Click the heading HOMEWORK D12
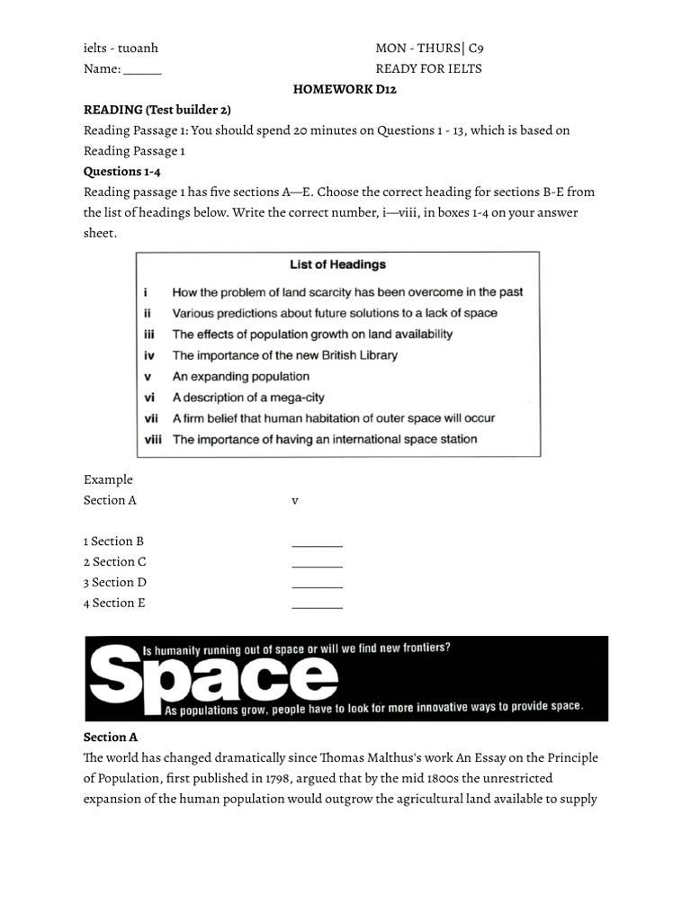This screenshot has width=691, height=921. coord(345,89)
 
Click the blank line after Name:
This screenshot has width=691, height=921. coord(142,69)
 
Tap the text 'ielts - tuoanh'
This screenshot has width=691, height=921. coord(121,49)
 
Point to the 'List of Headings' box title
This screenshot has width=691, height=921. coord(337,264)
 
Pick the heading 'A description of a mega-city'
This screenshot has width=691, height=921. coord(248,398)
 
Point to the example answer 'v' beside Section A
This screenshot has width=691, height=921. coord(294,501)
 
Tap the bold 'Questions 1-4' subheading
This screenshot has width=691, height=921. coord(122,171)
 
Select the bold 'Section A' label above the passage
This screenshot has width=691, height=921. coord(111,738)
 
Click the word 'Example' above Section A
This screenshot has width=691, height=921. coord(108,480)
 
